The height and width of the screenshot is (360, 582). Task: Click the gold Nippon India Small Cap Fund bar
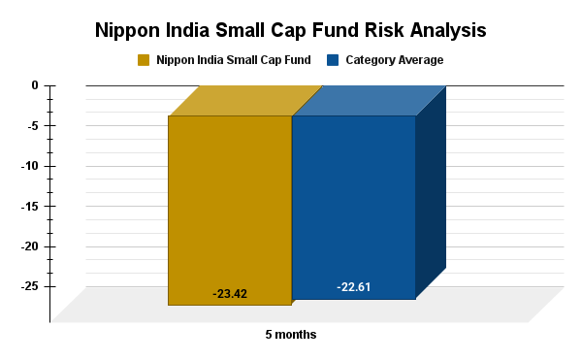230,209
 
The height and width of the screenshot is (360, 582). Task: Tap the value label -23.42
230,293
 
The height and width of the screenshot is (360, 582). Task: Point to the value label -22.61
353,287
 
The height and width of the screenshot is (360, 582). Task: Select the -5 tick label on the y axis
32,125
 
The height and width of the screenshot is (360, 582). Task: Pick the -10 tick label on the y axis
29,166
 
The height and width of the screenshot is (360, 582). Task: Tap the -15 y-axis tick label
29,206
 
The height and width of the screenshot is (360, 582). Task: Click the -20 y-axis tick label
29,246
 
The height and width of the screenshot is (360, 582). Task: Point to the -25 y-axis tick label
29,286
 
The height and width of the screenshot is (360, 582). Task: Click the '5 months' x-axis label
291,335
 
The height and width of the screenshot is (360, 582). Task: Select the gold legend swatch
144,60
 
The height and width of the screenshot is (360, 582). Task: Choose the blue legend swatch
333,60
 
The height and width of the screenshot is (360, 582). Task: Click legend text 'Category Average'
394,60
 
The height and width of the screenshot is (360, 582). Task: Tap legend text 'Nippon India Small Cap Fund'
233,60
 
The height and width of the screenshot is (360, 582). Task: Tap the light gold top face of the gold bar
244,100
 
